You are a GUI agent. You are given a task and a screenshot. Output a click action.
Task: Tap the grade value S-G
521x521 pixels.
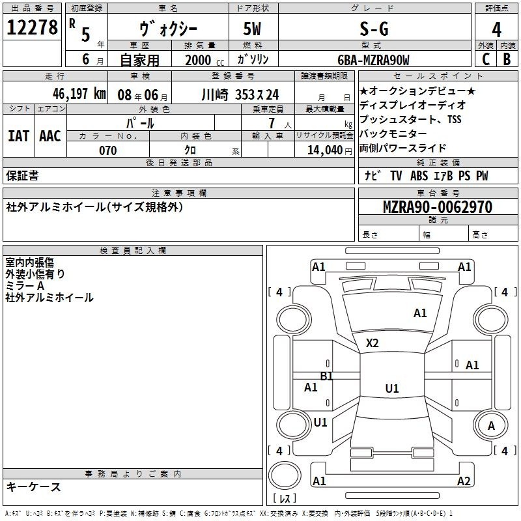(x=374, y=29)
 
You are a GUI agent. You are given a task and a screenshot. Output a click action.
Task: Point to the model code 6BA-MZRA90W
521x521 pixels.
(x=374, y=60)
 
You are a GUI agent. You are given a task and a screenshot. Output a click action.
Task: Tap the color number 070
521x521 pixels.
(x=107, y=150)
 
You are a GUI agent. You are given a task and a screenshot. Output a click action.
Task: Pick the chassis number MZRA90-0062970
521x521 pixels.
(x=437, y=207)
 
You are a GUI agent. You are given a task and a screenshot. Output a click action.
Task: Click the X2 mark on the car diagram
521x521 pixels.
(x=373, y=343)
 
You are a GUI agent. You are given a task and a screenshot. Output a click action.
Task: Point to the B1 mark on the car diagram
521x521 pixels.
(x=326, y=376)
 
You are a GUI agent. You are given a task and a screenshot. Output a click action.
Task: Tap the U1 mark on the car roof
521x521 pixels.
(x=391, y=389)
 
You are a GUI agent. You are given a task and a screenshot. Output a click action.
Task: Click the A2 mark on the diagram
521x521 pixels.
(x=464, y=481)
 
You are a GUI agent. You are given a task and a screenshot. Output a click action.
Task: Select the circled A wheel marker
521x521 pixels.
(x=492, y=425)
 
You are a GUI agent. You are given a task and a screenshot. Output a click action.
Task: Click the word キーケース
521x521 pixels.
(x=34, y=486)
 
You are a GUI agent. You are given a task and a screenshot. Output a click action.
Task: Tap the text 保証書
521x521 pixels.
(x=22, y=175)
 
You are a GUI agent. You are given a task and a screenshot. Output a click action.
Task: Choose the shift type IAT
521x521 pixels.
(x=18, y=136)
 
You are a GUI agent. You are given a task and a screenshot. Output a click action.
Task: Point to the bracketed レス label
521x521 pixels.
(x=285, y=499)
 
